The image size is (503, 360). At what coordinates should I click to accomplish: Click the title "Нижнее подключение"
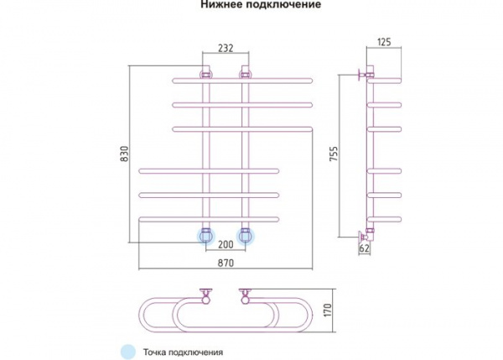point(251,5)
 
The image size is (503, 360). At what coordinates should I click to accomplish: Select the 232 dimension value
point(225,50)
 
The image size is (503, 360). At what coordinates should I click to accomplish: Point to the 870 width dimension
point(225,263)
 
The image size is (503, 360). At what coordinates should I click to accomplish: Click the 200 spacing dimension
point(225,245)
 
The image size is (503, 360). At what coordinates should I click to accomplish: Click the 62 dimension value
point(365,249)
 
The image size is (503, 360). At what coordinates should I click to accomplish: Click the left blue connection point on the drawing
point(205,235)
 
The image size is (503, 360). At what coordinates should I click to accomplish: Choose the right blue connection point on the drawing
point(246,235)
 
